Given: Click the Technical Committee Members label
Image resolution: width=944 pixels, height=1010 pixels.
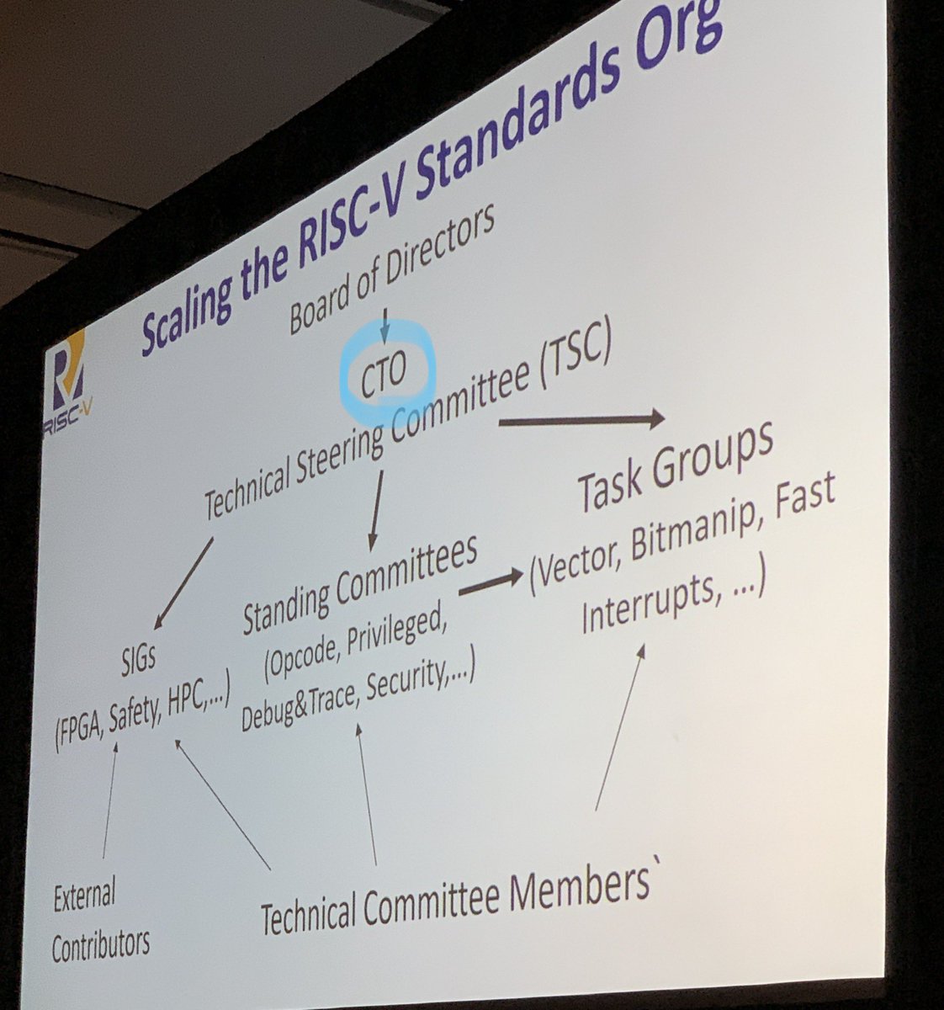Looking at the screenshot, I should click(455, 901).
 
